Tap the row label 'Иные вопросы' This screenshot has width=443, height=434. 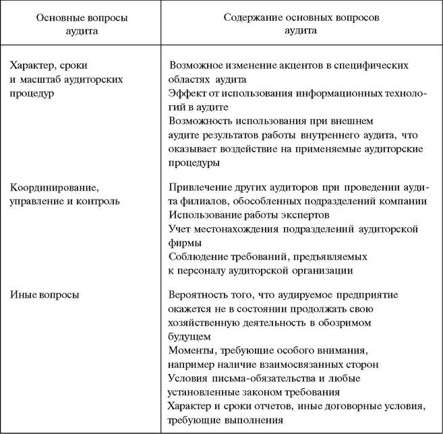(45, 294)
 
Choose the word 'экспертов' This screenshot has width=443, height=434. (303, 215)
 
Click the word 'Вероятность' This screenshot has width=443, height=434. (200, 295)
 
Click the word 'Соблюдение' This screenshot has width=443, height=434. (199, 257)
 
